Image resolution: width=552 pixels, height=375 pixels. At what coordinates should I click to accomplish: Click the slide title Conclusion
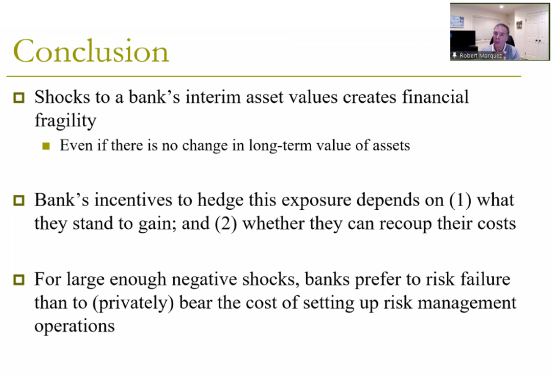(x=91, y=51)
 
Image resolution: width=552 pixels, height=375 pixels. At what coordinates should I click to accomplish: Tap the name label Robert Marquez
(x=480, y=56)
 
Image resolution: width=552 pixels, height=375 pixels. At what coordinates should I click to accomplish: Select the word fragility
(x=65, y=121)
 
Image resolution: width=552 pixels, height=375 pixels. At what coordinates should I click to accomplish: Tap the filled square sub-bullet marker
(x=46, y=146)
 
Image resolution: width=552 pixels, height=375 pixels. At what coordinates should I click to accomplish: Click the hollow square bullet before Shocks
(x=19, y=98)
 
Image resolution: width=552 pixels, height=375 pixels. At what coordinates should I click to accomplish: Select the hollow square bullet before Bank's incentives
(x=19, y=201)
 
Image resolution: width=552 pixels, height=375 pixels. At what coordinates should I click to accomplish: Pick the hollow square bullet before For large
(x=19, y=280)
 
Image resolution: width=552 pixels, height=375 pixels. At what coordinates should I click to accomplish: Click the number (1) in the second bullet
(x=461, y=200)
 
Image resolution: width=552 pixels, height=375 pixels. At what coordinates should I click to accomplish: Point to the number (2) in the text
(x=226, y=224)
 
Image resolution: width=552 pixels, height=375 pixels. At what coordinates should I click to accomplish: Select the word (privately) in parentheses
(x=133, y=303)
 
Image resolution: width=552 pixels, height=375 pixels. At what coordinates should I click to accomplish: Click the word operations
(x=75, y=326)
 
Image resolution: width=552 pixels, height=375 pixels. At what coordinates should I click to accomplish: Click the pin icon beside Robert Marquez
(x=454, y=55)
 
